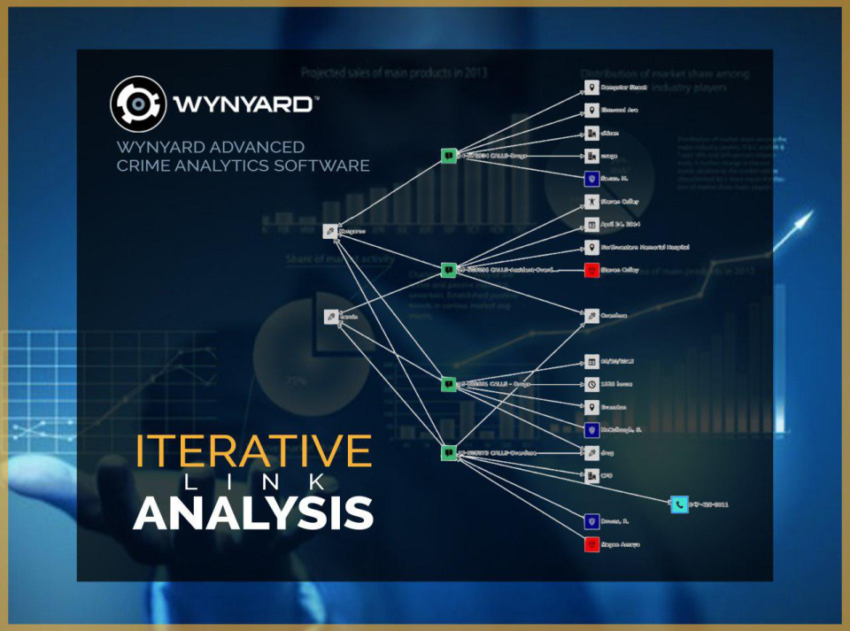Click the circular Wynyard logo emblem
(x=138, y=104)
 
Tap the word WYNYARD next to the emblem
(x=242, y=104)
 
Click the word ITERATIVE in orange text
(x=253, y=450)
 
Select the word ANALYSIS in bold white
(x=253, y=512)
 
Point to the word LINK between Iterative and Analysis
(x=253, y=481)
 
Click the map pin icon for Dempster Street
(x=591, y=88)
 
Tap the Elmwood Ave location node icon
(x=591, y=112)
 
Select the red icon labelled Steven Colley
(x=591, y=270)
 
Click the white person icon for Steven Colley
(x=591, y=203)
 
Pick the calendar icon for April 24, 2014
(x=591, y=225)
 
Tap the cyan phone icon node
(x=679, y=504)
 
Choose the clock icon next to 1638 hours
(x=591, y=385)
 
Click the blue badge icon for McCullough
(x=591, y=430)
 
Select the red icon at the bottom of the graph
(x=591, y=544)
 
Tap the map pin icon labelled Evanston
(x=591, y=407)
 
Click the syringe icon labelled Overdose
(x=591, y=315)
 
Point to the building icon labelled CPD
(x=591, y=476)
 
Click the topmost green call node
(x=449, y=156)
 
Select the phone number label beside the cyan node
(x=711, y=504)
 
